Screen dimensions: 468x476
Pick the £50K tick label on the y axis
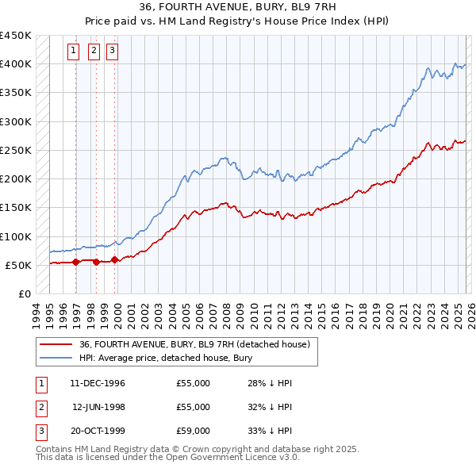pos(19,266)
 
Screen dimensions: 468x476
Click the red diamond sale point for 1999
pos(114,259)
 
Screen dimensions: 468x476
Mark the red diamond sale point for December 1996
pos(76,262)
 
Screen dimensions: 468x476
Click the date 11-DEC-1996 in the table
pos(98,383)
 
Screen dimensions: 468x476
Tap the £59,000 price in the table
pos(194,431)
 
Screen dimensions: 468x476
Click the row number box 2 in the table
pos(39,407)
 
